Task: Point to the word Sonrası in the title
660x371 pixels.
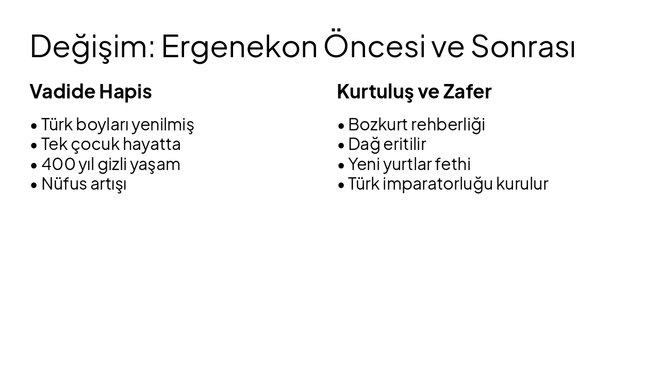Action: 523,46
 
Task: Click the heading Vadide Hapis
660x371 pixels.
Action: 91,92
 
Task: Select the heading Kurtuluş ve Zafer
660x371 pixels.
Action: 414,92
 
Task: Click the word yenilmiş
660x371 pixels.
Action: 162,125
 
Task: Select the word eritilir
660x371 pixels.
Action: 405,144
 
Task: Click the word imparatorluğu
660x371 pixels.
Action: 438,184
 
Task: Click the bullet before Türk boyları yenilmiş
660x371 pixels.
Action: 34,126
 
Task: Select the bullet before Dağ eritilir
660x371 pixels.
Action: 341,145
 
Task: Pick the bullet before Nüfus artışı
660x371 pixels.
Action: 34,185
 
